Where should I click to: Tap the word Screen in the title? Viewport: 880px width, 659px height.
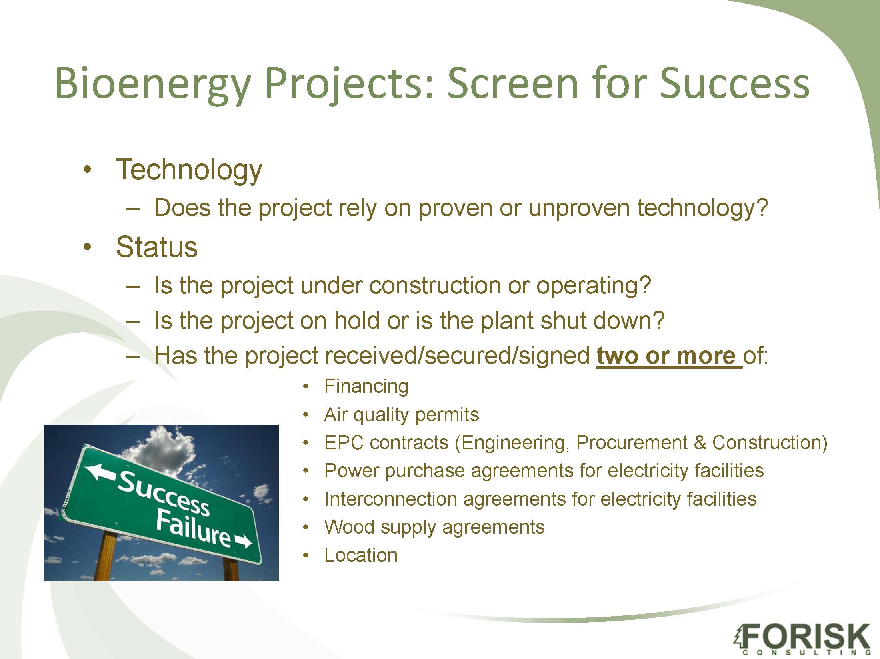coord(512,83)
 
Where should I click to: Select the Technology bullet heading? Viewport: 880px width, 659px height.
coord(189,170)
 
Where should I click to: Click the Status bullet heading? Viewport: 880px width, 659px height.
coord(156,247)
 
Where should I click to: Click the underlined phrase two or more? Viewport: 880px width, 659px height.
coord(669,355)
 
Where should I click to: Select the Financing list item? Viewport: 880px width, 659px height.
coord(366,387)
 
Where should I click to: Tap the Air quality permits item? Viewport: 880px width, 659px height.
coord(402,415)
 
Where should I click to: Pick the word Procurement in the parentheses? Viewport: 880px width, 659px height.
coord(632,442)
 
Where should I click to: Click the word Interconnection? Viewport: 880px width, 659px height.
coord(391,499)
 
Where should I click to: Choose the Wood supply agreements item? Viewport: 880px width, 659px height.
coord(434,527)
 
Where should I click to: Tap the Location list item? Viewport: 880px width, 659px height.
coord(361,555)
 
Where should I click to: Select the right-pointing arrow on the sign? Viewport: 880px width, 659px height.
coord(243,542)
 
